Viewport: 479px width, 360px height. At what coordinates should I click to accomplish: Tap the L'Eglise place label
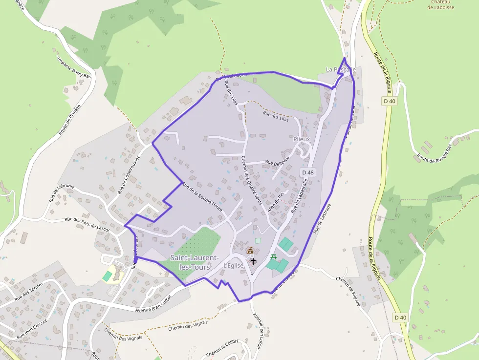(x=233, y=265)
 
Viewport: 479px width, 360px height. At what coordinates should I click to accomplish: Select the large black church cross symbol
(x=253, y=261)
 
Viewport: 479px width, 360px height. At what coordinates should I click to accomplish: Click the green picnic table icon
(x=274, y=257)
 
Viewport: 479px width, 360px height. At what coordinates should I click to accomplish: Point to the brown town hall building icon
(x=250, y=251)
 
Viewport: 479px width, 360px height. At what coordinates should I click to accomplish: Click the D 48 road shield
(x=307, y=172)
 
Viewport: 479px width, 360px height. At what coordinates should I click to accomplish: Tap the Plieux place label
(x=302, y=139)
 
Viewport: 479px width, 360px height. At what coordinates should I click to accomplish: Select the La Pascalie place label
(x=340, y=70)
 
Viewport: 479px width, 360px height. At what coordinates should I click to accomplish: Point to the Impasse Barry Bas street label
(x=74, y=69)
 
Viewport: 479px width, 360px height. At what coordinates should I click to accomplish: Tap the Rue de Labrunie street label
(x=62, y=192)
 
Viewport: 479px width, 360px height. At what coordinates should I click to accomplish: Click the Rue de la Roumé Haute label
(x=202, y=196)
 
